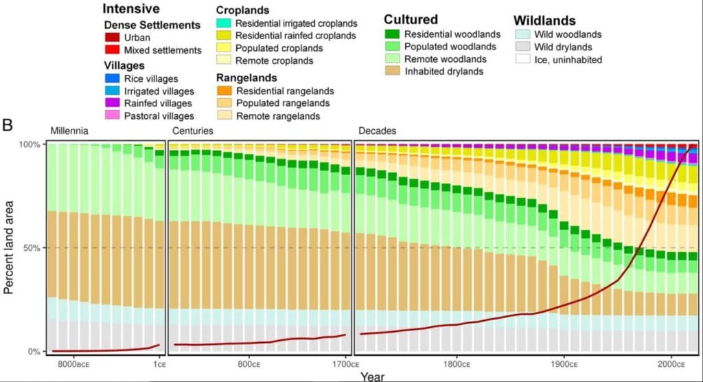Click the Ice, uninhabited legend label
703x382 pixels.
pos(568,60)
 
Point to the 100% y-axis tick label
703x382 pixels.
pos(32,144)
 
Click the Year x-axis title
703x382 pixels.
pos(374,376)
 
